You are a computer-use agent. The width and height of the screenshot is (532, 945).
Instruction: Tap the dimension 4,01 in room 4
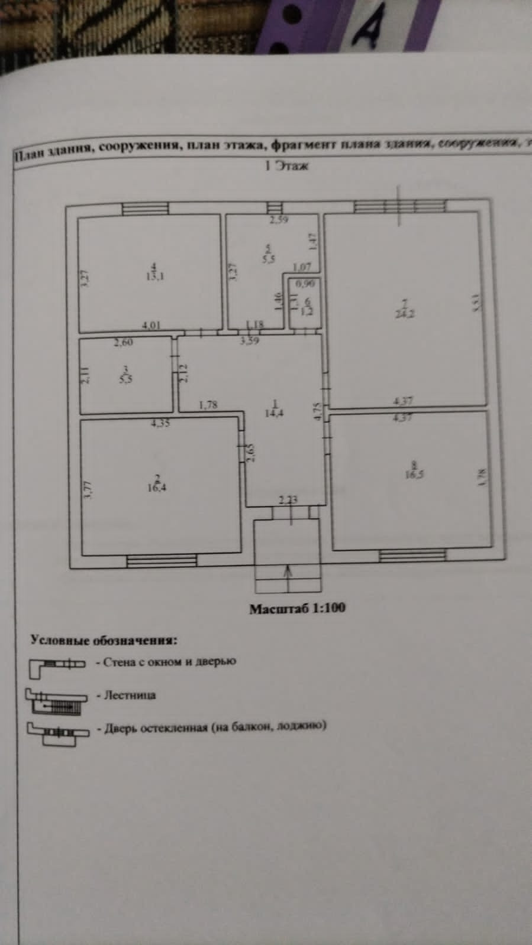pos(152,324)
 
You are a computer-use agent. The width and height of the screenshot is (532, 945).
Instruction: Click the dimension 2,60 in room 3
pos(124,342)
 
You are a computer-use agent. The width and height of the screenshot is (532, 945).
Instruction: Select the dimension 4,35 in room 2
pos(160,423)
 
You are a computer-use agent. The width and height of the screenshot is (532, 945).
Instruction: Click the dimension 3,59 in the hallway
pos(249,340)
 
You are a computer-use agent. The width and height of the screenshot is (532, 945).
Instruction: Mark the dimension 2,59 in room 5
pos(278,221)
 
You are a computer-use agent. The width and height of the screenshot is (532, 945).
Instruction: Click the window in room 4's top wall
pos(145,209)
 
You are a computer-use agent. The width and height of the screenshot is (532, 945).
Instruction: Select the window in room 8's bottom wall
pos(412,555)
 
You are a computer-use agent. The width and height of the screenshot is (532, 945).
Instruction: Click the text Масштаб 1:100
pos(297,608)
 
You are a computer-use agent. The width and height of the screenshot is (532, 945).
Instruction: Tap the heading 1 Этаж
pos(286,166)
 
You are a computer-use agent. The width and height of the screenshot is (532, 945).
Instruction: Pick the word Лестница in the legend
pos(130,695)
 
